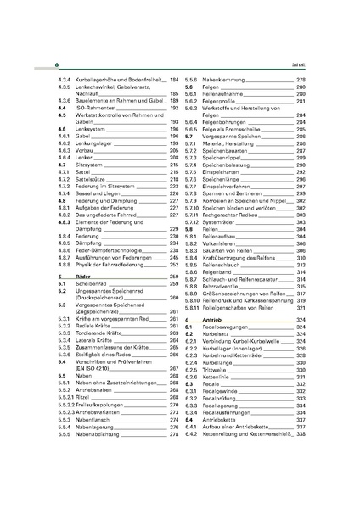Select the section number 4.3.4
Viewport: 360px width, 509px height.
(x=63, y=78)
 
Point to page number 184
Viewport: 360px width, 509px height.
(x=174, y=78)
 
